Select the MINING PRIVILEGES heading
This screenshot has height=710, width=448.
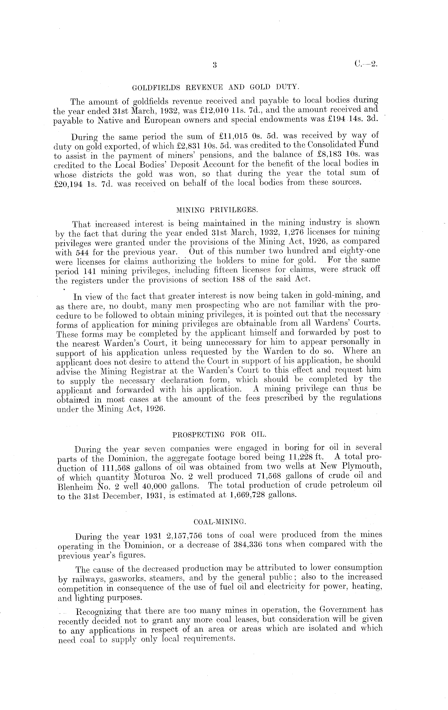point(217,210)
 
